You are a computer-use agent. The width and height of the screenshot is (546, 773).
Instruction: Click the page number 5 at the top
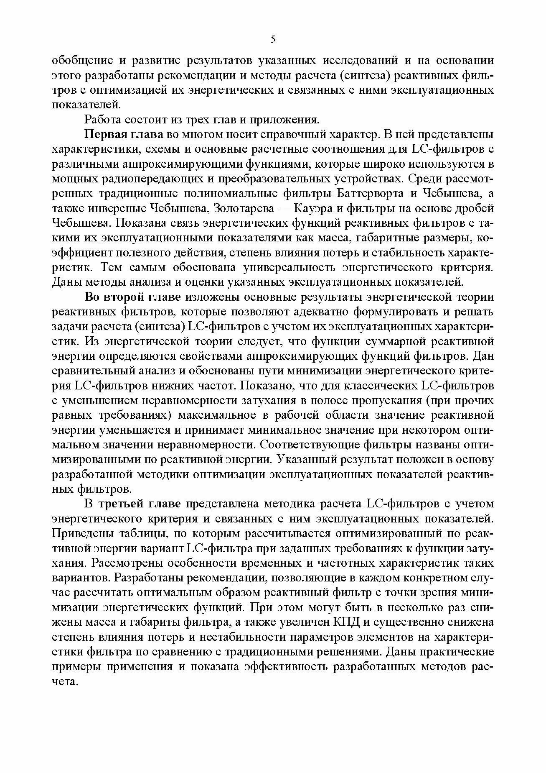[273, 39]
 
